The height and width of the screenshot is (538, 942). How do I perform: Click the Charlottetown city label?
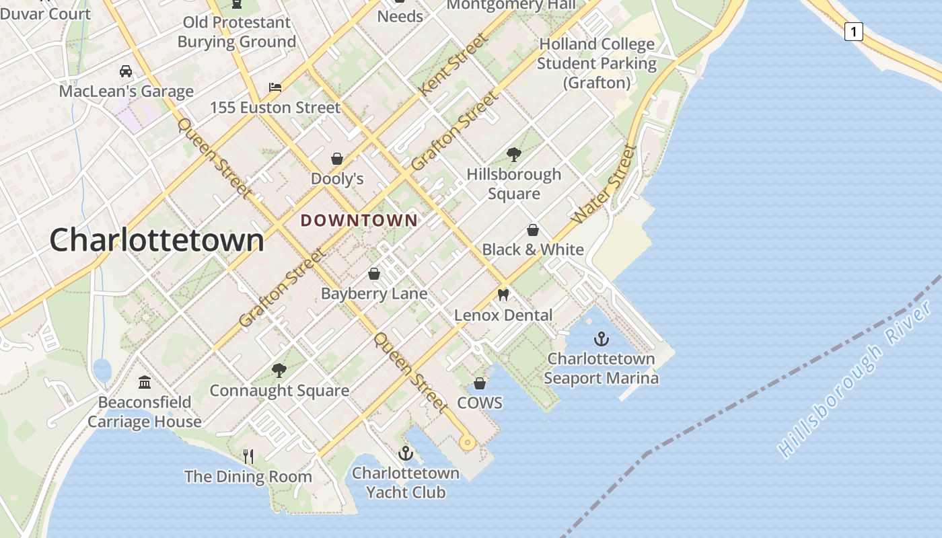pyautogui.click(x=157, y=240)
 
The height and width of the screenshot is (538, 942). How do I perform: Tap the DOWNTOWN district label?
pyautogui.click(x=359, y=221)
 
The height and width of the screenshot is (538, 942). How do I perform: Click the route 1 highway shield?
pyautogui.click(x=853, y=31)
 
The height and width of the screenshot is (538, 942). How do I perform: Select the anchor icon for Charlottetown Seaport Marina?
pyautogui.click(x=601, y=339)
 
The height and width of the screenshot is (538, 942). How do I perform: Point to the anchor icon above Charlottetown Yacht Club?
pyautogui.click(x=405, y=453)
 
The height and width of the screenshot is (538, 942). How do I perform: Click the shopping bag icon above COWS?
pyautogui.click(x=480, y=383)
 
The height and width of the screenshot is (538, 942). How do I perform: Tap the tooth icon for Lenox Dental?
pyautogui.click(x=503, y=295)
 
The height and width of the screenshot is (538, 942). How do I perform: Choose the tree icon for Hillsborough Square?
pyautogui.click(x=514, y=155)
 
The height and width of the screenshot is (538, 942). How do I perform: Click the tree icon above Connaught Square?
pyautogui.click(x=279, y=370)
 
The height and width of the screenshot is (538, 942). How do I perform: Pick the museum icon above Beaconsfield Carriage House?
pyautogui.click(x=144, y=383)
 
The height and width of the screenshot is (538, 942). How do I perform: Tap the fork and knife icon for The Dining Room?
pyautogui.click(x=248, y=457)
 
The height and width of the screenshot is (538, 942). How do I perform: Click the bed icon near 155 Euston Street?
pyautogui.click(x=275, y=87)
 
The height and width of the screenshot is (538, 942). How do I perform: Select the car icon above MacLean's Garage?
pyautogui.click(x=126, y=71)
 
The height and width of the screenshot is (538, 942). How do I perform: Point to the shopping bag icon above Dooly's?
pyautogui.click(x=337, y=159)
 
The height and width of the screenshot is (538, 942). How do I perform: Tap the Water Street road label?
pyautogui.click(x=604, y=184)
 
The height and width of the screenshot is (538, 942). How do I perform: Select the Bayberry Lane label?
pyautogui.click(x=374, y=294)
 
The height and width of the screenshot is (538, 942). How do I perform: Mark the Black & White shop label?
pyautogui.click(x=533, y=249)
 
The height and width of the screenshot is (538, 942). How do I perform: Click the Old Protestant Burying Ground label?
pyautogui.click(x=236, y=32)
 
